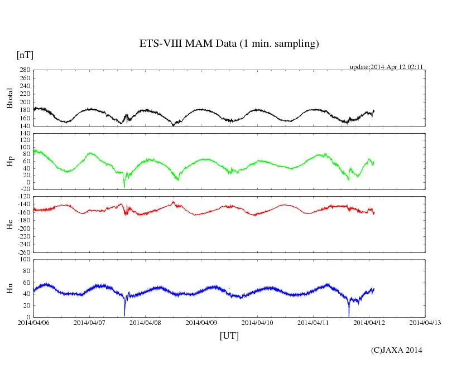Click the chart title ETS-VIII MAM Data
point(229,44)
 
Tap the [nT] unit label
point(25,55)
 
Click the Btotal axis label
point(9,98)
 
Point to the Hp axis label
point(9,162)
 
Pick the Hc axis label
point(9,224)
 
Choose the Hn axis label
point(9,288)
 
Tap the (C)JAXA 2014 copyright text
point(396,350)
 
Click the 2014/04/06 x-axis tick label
point(33,322)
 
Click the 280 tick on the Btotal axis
point(24,70)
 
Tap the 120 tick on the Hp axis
point(24,134)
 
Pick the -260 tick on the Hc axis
point(23,252)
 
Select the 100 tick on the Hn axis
point(24,259)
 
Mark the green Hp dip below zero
point(124,186)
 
